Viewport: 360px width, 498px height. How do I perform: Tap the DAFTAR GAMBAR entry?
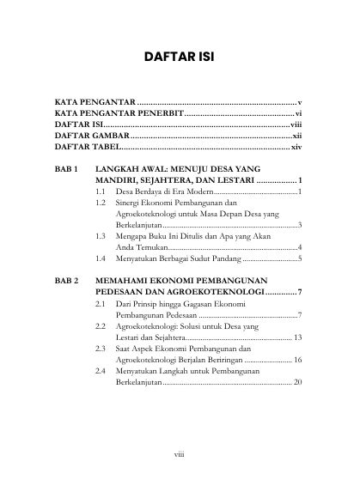91,136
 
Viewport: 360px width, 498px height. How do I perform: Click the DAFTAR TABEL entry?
87,147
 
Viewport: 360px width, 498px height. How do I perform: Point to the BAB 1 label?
67,170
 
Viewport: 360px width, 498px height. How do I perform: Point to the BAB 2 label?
67,281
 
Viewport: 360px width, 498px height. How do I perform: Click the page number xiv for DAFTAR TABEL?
296,147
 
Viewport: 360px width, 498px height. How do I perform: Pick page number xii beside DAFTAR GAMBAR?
296,136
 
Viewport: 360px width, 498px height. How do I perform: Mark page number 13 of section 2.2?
297,337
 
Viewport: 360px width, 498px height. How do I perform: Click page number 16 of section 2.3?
297,359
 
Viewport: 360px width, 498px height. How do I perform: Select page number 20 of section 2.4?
297,381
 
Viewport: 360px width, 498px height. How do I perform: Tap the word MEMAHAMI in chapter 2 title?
129,281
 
